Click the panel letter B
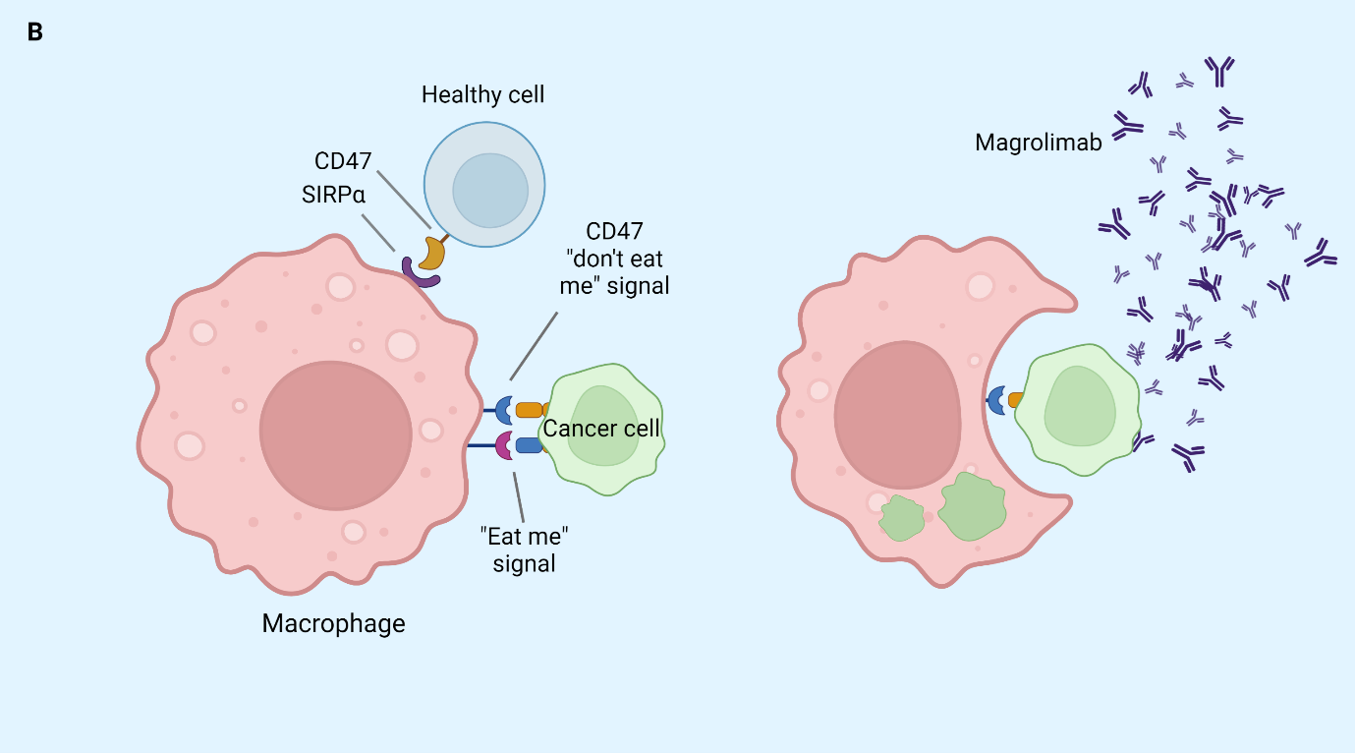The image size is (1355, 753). click(35, 32)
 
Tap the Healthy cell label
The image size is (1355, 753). click(482, 95)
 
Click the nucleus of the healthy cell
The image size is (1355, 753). click(490, 190)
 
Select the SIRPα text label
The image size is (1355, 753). click(333, 195)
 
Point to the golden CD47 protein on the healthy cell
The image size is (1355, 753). click(433, 253)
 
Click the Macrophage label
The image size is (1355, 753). click(333, 623)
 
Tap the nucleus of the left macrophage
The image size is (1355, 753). click(336, 435)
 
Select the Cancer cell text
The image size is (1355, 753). click(600, 429)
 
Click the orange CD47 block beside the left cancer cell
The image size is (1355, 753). click(530, 410)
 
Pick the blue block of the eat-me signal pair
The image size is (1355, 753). click(529, 445)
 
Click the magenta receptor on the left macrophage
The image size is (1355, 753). click(503, 446)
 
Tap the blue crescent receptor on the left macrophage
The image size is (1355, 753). click(503, 410)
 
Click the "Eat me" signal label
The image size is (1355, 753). click(524, 550)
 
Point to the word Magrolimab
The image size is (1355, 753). click(1038, 143)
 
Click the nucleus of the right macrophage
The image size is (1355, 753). click(898, 415)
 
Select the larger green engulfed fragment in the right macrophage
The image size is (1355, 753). click(972, 506)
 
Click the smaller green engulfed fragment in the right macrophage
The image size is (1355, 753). click(901, 518)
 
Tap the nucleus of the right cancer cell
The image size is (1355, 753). click(1081, 406)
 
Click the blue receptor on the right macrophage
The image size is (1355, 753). click(995, 400)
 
